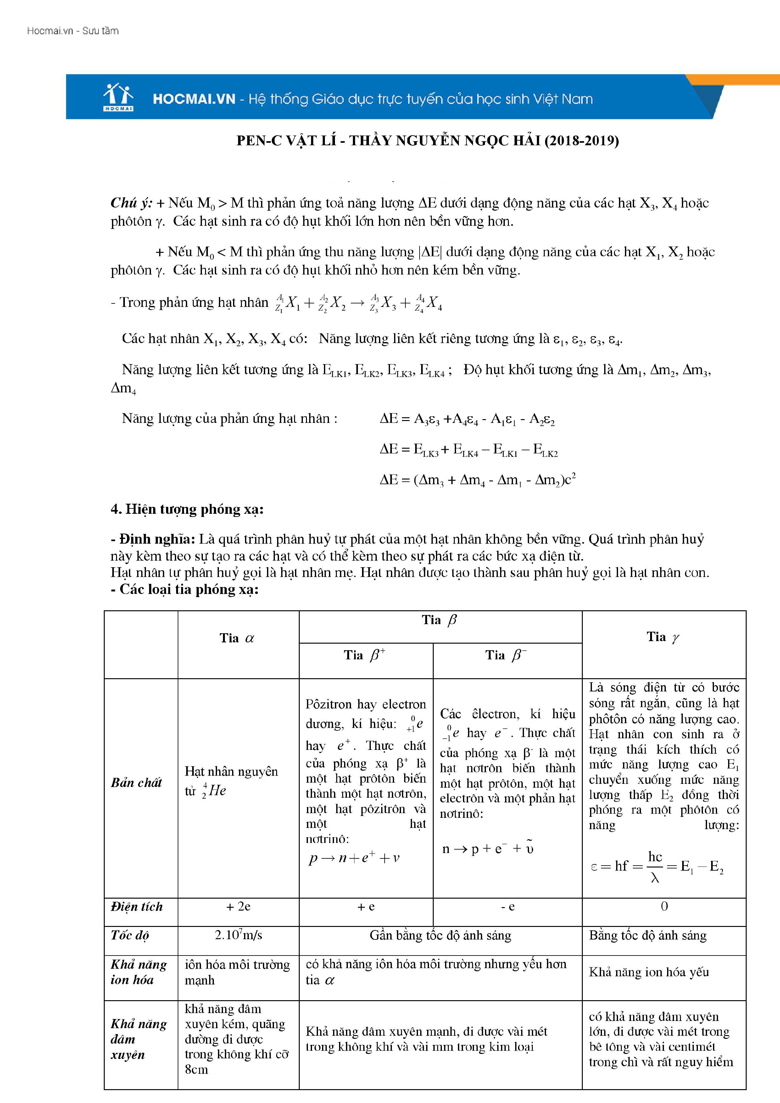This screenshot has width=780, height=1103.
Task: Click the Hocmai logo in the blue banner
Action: tap(118, 97)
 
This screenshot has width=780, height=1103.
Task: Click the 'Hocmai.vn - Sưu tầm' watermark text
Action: tap(73, 31)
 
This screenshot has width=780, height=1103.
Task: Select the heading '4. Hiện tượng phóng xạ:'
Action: tap(187, 509)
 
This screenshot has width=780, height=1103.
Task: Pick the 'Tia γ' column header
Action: tap(663, 637)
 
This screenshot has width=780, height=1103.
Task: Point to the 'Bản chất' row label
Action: tap(136, 783)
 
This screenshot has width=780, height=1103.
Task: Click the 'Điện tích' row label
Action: tap(137, 906)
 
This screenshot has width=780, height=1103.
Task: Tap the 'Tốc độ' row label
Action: tap(130, 935)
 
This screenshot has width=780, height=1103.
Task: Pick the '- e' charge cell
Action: tap(508, 906)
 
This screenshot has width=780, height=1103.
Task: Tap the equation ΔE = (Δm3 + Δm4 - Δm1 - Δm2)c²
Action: tap(478, 480)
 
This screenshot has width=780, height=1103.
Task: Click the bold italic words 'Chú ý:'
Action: tap(131, 203)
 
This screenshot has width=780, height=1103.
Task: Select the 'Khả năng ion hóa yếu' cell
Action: tap(649, 972)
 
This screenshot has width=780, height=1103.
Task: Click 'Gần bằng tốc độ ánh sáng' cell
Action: tap(440, 935)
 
